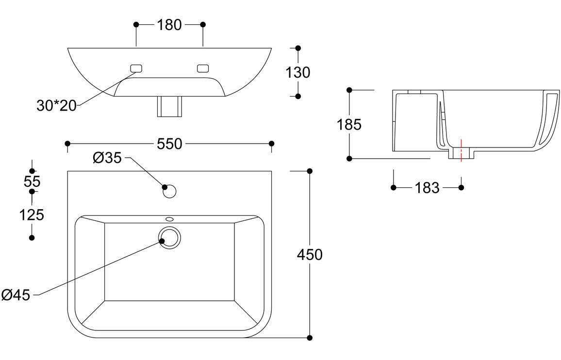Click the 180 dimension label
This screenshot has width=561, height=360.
point(169,25)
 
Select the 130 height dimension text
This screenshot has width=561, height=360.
point(297,72)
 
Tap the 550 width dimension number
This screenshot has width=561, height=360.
point(169,144)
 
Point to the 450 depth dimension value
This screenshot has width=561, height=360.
point(310,254)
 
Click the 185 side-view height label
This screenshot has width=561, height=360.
point(349,125)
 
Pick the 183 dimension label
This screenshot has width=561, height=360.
point(427,188)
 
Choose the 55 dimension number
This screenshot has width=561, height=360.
point(32,181)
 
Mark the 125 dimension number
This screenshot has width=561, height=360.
point(32,214)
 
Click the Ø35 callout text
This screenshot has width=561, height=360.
point(107,158)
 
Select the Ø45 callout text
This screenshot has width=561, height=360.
point(16,295)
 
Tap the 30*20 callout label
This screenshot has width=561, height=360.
point(57,105)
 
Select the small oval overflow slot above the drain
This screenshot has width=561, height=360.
point(169,219)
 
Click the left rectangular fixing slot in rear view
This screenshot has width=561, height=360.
point(135,68)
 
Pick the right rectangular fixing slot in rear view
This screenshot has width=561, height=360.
point(203,68)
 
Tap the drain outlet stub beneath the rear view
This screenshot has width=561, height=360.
point(169,107)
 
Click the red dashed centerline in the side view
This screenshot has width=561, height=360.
point(461,150)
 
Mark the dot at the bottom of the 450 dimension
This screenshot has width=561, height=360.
point(310,338)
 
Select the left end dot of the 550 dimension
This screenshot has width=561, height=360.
point(68,144)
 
